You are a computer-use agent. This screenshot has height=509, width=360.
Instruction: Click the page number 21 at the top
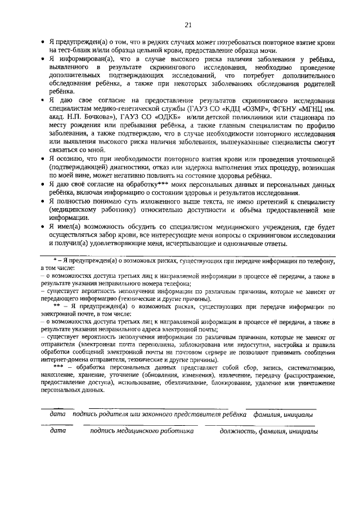click(x=188, y=24)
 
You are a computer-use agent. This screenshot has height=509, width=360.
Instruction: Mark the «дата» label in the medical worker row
click(x=58, y=431)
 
